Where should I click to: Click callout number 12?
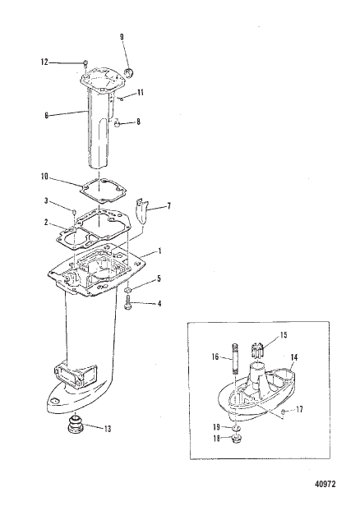[x=45, y=62]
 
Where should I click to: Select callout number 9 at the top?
[x=122, y=36]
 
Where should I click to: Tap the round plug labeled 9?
[x=127, y=76]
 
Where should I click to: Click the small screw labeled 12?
[x=85, y=62]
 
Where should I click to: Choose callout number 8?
[x=138, y=122]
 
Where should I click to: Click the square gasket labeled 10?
[x=102, y=189]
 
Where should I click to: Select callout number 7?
[x=170, y=206]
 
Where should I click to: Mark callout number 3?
[x=47, y=200]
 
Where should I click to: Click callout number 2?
[x=47, y=221]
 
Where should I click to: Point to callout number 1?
[x=159, y=251]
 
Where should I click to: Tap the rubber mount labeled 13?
[x=80, y=429]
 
